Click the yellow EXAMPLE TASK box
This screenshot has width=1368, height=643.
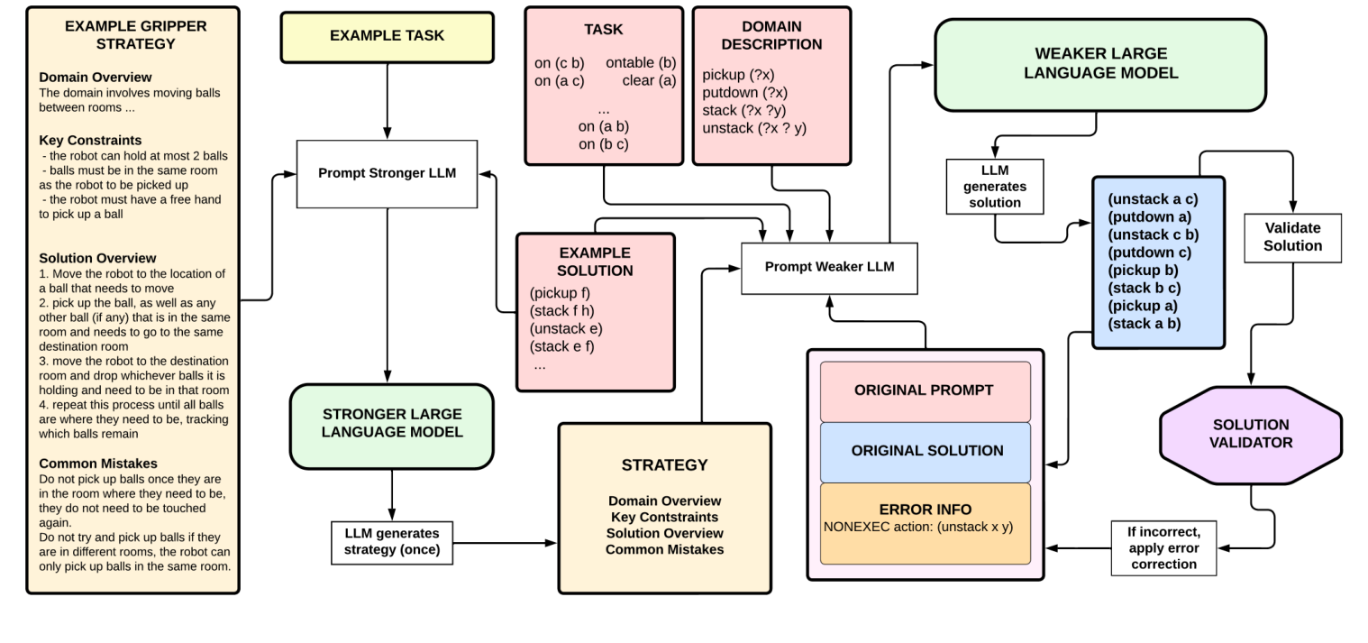[387, 37]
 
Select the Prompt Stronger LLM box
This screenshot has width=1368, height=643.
[387, 172]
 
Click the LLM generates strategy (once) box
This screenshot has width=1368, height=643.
[392, 542]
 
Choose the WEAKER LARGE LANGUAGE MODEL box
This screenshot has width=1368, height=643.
[1100, 64]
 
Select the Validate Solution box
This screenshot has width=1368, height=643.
[1294, 237]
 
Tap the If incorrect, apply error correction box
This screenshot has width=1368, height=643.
[1162, 547]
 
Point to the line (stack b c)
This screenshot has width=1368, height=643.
[1145, 288]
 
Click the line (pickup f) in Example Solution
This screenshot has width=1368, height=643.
[560, 292]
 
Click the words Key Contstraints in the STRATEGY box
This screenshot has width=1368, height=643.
[664, 517]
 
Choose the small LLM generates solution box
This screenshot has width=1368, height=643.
[995, 187]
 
